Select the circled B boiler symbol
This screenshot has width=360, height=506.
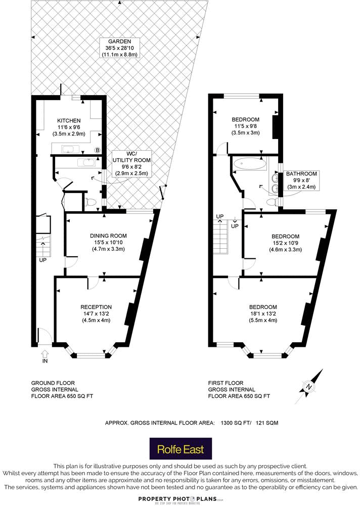pos(97,150)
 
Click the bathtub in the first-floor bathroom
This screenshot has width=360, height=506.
pos(248,164)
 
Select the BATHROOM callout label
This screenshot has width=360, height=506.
pos(301,180)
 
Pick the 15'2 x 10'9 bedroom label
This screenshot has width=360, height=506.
pos(285,243)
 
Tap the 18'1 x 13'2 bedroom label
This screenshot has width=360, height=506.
pos(263,313)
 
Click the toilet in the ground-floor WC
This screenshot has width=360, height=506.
pos(91,202)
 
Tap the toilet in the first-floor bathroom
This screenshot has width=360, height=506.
pos(273,202)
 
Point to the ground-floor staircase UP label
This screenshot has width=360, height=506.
pos(42,261)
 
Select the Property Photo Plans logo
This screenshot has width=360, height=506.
pos(181,499)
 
